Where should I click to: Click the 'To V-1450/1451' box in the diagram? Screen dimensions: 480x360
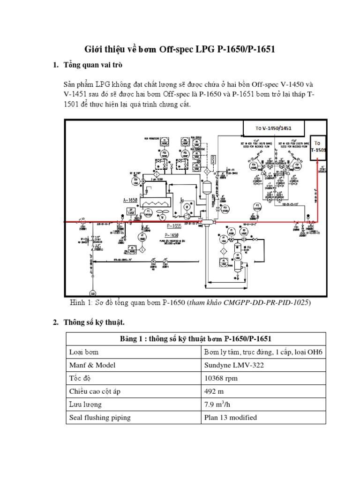coord(273,127)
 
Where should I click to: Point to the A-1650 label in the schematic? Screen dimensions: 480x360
coord(132,200)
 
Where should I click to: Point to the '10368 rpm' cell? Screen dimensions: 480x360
coord(220,378)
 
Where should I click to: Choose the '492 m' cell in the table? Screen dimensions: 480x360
coord(213,391)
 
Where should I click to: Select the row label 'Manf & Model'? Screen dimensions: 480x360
coord(92,365)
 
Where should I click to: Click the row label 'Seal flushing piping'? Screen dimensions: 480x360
coord(100,417)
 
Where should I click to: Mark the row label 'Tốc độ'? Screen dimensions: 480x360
coord(80,378)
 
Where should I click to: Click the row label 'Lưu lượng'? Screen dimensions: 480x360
coord(85,404)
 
